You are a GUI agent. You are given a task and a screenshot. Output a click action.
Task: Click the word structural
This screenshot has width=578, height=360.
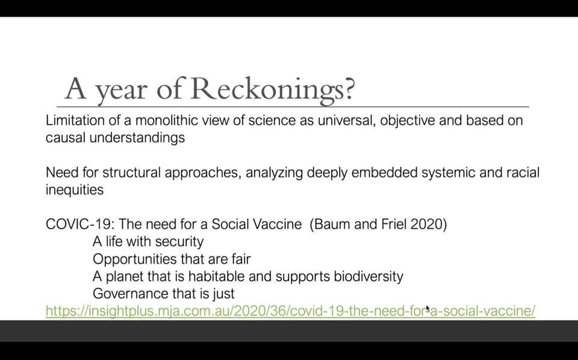(x=131, y=173)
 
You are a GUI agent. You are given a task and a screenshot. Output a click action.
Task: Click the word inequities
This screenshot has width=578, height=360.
(x=75, y=190)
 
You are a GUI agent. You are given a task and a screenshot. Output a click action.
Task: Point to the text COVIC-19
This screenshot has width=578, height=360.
(x=80, y=225)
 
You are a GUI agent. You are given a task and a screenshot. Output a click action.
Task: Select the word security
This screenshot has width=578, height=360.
(x=179, y=242)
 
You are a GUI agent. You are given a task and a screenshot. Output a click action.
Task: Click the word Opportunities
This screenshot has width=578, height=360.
(x=135, y=259)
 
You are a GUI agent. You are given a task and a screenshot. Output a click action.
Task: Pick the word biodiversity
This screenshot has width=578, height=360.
(x=368, y=277)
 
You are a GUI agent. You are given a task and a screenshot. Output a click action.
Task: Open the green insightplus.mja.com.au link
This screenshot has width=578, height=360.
(x=290, y=311)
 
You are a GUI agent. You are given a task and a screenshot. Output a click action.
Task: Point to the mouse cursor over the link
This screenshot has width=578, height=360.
(x=427, y=308)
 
